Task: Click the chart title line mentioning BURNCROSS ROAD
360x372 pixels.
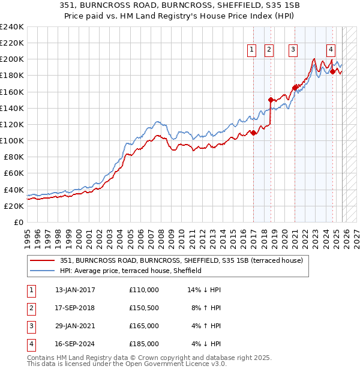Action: [180, 5]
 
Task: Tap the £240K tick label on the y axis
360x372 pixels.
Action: [12, 27]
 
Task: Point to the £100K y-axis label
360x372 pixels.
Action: [12, 140]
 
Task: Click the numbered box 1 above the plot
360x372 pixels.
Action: [251, 50]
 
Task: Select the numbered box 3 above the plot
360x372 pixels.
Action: [293, 50]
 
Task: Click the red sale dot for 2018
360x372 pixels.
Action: [271, 100]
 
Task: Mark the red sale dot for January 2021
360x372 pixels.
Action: [295, 88]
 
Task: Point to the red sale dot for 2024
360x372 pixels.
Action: [332, 71]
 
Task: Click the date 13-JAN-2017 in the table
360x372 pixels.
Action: [75, 290]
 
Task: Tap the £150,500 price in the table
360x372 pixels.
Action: [144, 308]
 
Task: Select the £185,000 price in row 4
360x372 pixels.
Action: [144, 344]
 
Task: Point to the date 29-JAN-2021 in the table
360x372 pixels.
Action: [75, 326]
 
